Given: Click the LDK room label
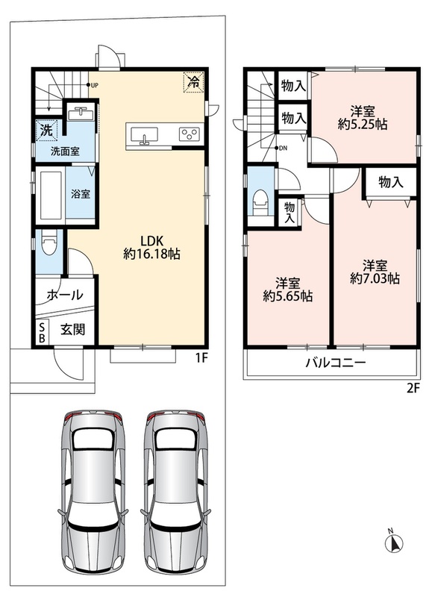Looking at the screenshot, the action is click(152, 240).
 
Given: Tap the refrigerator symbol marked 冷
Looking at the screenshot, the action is click(194, 81).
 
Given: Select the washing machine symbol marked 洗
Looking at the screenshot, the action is click(47, 130).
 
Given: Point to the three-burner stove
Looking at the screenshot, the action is click(190, 134).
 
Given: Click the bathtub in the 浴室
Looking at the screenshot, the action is click(51, 195).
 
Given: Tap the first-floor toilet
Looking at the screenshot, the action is click(48, 242).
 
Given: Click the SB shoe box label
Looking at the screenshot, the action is click(42, 332).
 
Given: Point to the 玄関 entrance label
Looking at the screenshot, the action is click(72, 330).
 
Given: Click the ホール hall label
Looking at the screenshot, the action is click(65, 294).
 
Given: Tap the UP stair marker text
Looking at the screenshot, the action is click(95, 85).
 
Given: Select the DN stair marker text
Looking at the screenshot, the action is click(284, 149).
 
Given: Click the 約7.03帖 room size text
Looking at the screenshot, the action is click(375, 278).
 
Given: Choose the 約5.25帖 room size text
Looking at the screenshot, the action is click(363, 124).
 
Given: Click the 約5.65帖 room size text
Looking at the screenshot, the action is click(288, 296).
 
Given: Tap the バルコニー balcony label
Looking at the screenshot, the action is click(336, 362).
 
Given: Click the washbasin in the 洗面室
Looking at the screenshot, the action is click(81, 113).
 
